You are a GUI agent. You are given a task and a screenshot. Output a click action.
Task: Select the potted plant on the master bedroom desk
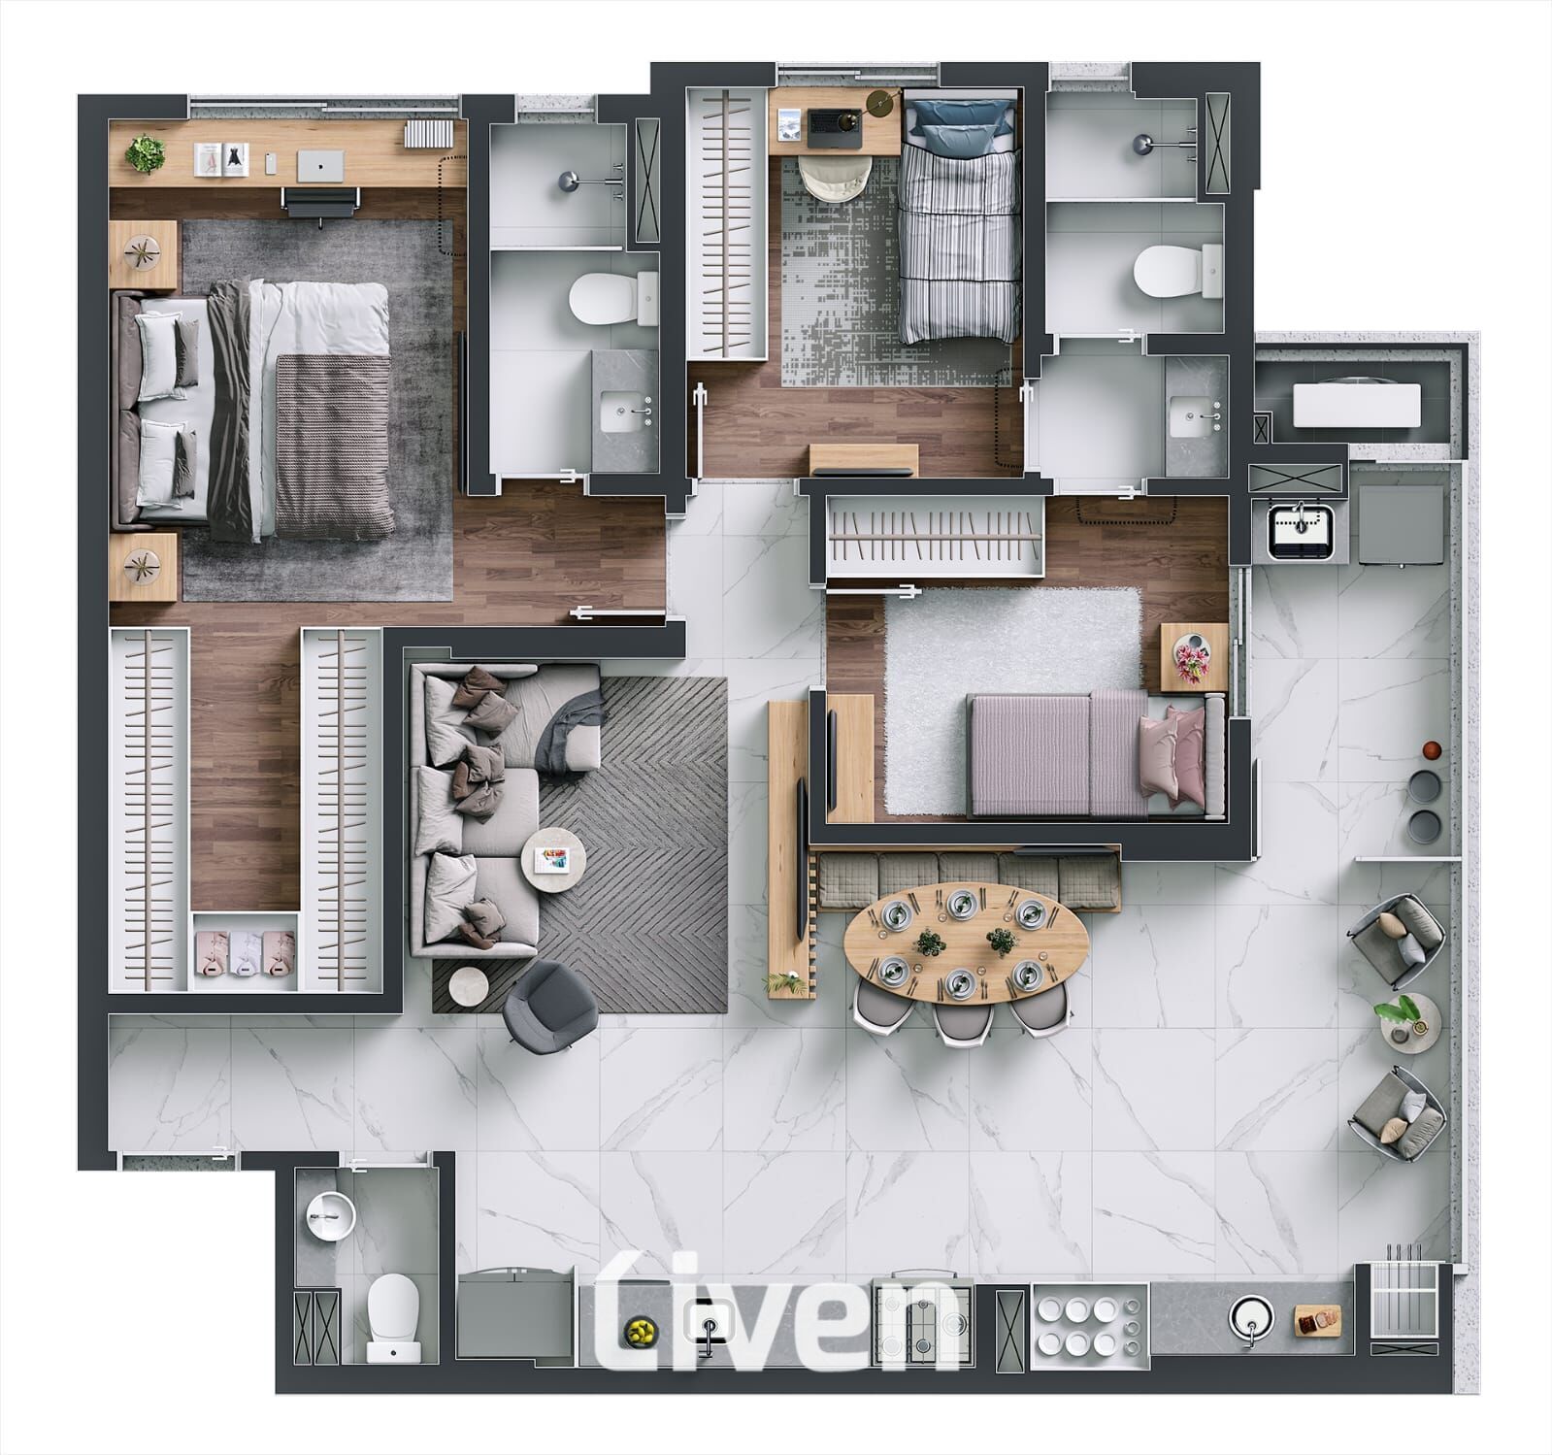pos(146,153)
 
